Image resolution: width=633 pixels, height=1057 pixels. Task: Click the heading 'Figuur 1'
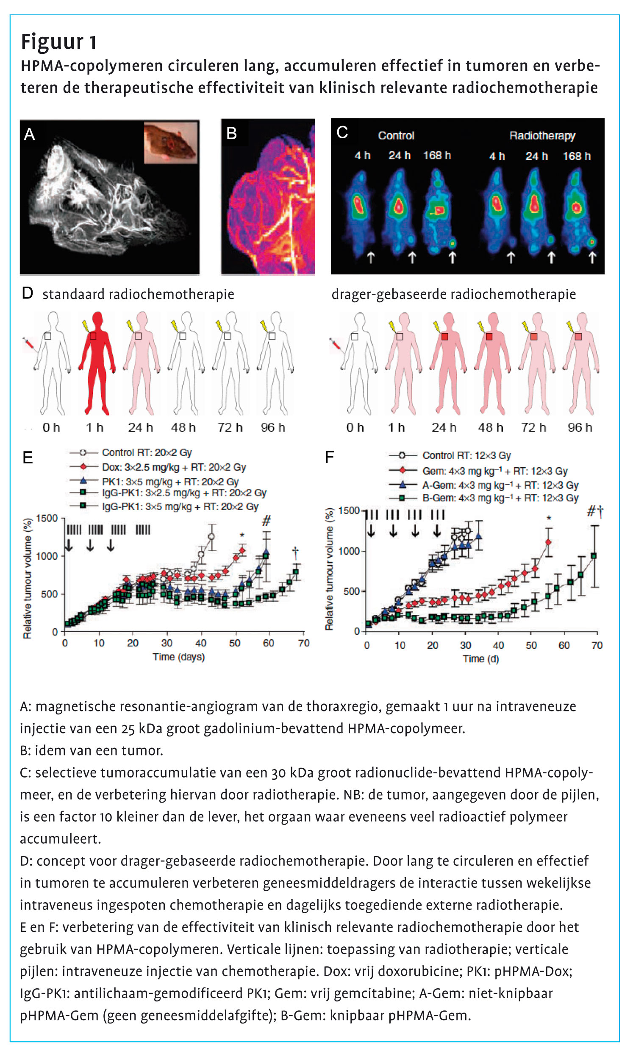pos(59,42)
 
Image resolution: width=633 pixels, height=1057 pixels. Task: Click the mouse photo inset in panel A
pos(171,142)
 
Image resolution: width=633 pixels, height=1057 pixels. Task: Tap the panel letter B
pos(231,134)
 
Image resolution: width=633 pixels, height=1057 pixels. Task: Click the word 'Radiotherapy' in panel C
pos(542,136)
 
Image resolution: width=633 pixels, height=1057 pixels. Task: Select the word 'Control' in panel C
pos(396,136)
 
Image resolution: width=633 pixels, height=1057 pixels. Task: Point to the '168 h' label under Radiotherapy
pos(576,156)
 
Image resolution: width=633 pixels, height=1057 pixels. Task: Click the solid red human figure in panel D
pos(97,363)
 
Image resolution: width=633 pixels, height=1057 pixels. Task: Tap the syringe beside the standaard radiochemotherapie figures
pos(30,344)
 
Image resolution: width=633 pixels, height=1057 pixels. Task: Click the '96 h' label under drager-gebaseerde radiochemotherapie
pos(580,427)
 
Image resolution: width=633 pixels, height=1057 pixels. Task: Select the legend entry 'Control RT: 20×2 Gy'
pos(147,452)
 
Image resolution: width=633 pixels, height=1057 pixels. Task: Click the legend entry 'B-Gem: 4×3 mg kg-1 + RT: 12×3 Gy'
pos(500,498)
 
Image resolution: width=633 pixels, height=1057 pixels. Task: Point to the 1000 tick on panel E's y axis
pos(47,555)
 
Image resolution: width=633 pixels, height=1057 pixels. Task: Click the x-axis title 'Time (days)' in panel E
pos(179,657)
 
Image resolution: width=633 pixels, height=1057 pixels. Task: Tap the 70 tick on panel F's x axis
pos(597,646)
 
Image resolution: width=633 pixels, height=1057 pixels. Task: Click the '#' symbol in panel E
pos(266,521)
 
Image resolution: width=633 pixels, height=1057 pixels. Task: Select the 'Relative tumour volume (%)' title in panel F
pos(329,569)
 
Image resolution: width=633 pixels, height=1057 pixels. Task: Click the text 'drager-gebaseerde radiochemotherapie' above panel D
pos(453,294)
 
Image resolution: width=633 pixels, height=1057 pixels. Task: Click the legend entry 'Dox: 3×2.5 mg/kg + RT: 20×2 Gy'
pos(174,467)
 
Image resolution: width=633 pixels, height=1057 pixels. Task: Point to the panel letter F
pos(329,457)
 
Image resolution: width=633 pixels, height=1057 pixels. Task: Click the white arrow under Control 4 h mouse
pos(371,257)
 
